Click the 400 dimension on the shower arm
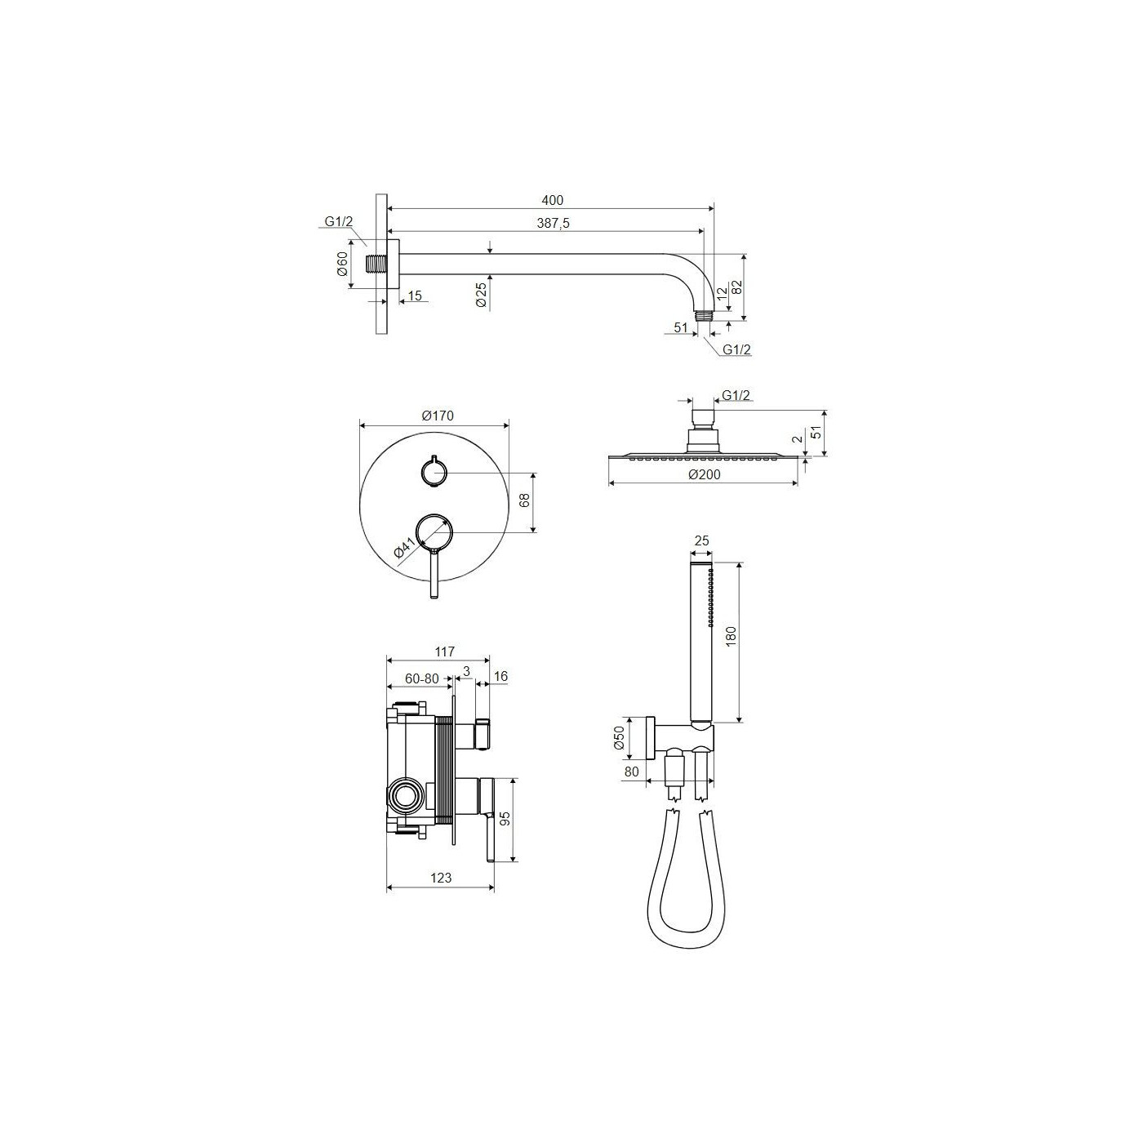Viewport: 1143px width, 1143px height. point(552,201)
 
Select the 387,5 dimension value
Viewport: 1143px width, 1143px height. point(552,223)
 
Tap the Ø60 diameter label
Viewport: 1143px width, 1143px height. point(341,264)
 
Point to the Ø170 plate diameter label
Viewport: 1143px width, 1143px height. point(437,416)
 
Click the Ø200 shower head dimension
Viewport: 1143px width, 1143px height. point(705,474)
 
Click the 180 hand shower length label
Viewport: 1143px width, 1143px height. point(730,637)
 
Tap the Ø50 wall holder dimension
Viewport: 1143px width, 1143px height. point(619,737)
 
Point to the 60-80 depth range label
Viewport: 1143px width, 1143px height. point(422,678)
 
